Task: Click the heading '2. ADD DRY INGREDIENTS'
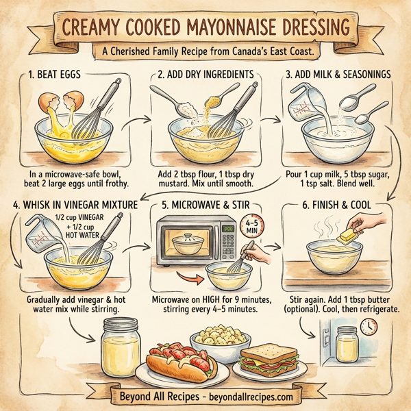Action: (206, 74)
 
